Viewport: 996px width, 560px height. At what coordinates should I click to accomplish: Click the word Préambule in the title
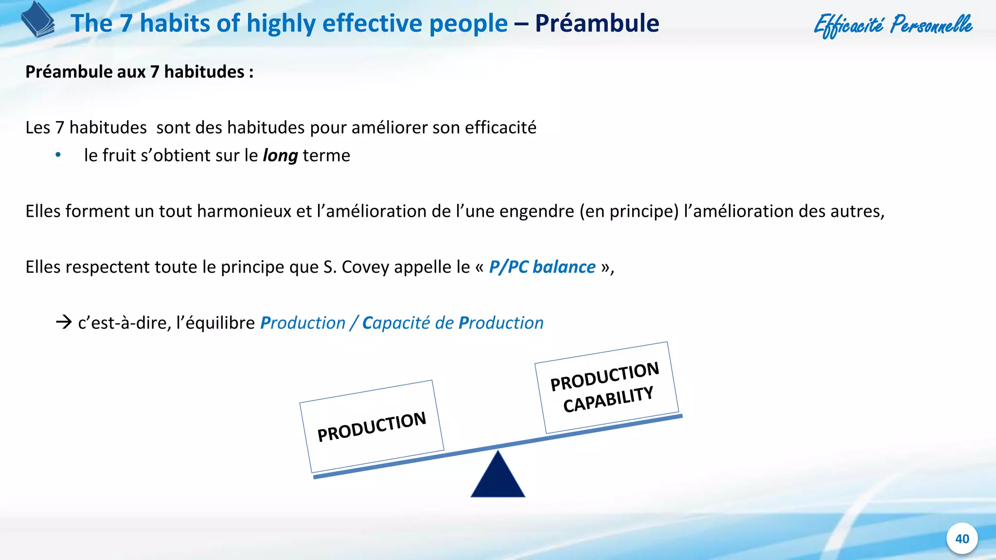(x=597, y=23)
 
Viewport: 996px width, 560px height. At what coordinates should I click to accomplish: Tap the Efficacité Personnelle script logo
(x=893, y=25)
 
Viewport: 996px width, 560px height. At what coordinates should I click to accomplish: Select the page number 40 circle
(x=961, y=539)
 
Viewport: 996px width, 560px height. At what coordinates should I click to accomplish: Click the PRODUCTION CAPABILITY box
(x=606, y=387)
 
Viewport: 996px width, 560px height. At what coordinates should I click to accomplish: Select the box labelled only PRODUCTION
(x=372, y=426)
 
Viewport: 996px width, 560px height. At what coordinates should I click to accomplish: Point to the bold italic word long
(x=280, y=156)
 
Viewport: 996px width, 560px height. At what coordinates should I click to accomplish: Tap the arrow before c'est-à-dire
(x=64, y=322)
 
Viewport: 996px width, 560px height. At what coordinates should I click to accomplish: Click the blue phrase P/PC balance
(x=542, y=267)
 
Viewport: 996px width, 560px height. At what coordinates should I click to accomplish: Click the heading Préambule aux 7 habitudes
(x=139, y=72)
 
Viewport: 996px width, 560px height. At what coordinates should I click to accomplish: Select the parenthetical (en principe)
(x=629, y=211)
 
